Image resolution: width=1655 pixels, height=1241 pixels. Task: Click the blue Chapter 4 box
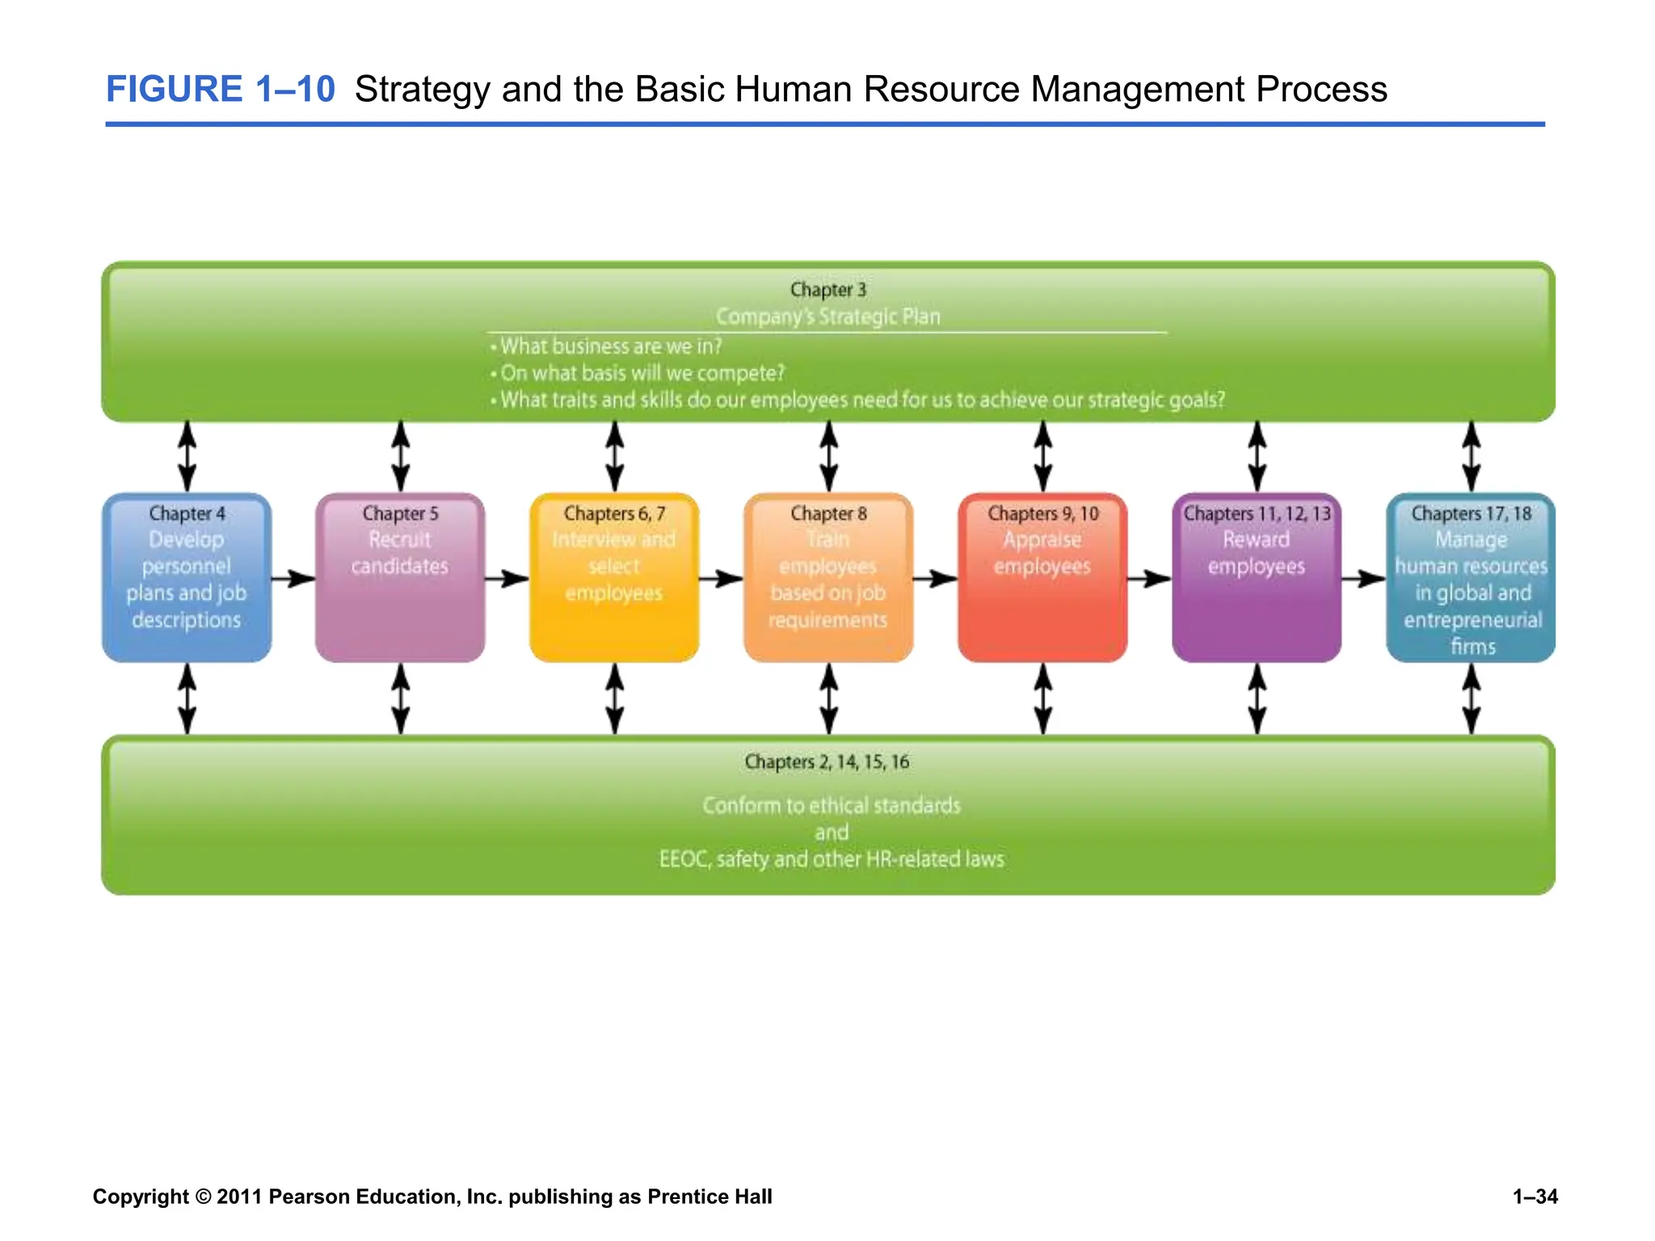tap(187, 578)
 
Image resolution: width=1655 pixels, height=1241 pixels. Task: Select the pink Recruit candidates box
tap(400, 578)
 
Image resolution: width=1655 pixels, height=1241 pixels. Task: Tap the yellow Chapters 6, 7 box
tap(614, 578)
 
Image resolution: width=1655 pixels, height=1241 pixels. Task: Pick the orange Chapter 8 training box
tap(828, 578)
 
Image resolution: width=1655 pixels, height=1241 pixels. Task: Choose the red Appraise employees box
tap(1042, 578)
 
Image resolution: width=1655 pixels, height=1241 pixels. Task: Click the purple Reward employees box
tap(1257, 578)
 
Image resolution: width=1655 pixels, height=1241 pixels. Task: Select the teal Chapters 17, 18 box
tap(1471, 578)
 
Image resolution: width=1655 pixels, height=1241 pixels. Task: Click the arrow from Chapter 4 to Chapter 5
tap(293, 578)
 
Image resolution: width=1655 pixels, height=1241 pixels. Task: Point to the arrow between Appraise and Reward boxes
tap(1149, 578)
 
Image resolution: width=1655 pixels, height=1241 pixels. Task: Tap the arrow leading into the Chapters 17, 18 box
tap(1363, 578)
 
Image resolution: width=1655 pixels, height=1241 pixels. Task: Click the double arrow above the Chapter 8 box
tap(829, 456)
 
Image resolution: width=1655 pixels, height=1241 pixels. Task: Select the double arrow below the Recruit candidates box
tap(401, 699)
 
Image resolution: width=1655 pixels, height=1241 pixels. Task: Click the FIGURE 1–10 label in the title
tap(220, 89)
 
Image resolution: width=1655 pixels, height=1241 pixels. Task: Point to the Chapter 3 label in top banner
tap(827, 289)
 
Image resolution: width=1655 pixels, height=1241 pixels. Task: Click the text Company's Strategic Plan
tap(827, 317)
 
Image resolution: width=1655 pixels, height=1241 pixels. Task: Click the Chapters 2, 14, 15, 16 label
tap(827, 762)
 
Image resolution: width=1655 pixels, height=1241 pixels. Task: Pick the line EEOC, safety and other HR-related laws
tap(832, 859)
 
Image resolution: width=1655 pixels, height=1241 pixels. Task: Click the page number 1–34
tap(1535, 1197)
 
